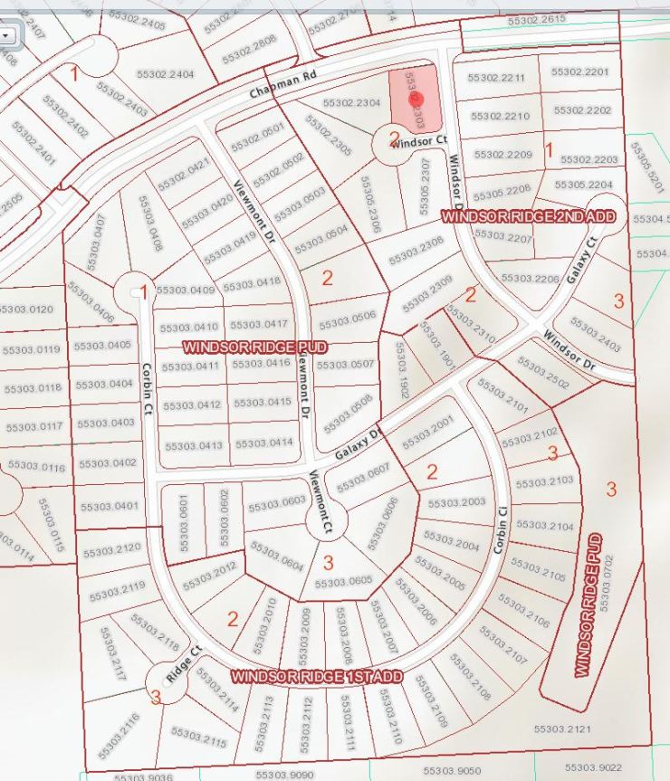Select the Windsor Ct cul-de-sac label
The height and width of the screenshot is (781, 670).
[419, 142]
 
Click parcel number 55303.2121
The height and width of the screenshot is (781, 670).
[561, 729]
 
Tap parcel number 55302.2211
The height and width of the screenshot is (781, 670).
[496, 79]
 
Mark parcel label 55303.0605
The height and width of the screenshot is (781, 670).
[343, 581]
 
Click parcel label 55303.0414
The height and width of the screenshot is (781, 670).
[263, 443]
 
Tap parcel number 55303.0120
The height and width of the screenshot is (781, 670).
[28, 310]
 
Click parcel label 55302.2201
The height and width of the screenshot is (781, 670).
[579, 71]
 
